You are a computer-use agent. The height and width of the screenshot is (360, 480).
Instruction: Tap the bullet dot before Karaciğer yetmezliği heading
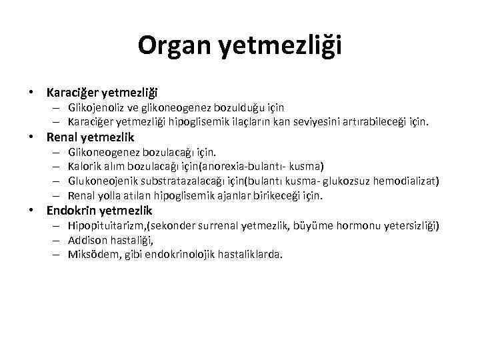[31, 91]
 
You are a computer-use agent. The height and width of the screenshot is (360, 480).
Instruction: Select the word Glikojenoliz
[97, 107]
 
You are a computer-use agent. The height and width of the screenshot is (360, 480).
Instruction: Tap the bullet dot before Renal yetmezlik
[31, 138]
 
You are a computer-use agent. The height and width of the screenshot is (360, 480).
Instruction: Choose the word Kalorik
[84, 166]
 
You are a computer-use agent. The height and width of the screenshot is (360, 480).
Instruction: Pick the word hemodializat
[409, 181]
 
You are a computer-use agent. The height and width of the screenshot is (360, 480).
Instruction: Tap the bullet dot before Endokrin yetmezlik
[31, 211]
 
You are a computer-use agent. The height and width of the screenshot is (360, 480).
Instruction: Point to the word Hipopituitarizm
[104, 226]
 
